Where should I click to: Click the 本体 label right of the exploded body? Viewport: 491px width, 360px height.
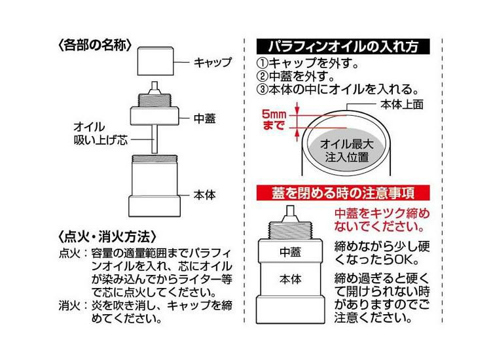tap(205, 194)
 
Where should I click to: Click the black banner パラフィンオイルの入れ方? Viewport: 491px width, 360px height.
tap(343, 48)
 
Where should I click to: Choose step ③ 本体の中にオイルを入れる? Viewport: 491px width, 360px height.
tap(337, 90)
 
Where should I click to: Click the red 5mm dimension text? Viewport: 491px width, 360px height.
tap(274, 113)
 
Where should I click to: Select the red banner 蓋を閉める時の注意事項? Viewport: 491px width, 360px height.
tap(343, 194)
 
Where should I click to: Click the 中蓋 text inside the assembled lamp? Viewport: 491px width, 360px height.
tap(290, 251)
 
